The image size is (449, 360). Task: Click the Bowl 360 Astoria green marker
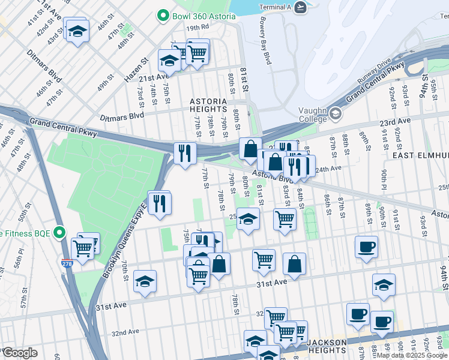coord(162,16)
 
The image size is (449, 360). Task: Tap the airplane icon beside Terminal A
coord(301,6)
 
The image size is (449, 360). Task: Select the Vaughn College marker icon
coord(334,113)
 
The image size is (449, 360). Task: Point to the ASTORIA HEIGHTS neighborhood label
coord(208,106)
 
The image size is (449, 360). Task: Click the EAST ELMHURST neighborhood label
coord(420,155)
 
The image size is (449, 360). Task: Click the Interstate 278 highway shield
coord(67,263)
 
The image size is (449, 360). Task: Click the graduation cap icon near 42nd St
coord(77,30)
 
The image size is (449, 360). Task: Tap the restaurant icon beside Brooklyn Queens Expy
coord(159,203)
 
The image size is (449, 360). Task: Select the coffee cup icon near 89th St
coord(366,247)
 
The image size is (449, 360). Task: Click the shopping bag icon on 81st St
coord(250,149)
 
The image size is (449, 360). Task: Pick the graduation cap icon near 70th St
coord(145,281)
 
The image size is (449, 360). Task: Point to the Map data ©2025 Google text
coord(412,355)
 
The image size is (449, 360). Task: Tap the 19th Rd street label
coord(197,28)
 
